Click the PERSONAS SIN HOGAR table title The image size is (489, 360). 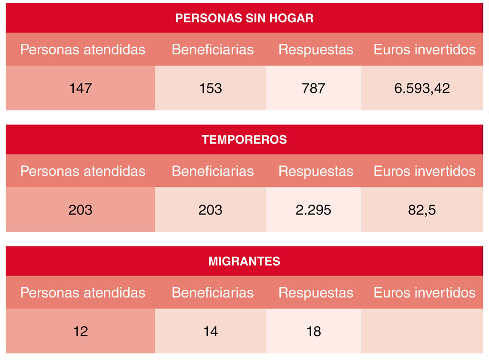244,18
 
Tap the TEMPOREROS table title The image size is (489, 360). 244,140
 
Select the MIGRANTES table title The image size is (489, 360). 244,261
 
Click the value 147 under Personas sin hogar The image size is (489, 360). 80,88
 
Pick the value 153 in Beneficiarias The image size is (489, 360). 210,88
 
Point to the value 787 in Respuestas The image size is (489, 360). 314,88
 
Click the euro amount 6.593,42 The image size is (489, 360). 422,88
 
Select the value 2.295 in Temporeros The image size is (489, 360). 314,210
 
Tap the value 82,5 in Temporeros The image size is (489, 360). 422,210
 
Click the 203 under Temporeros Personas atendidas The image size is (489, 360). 80,210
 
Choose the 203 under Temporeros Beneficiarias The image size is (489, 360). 210,210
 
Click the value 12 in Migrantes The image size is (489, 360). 81,331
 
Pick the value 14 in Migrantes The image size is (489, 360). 210,331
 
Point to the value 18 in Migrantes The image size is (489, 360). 314,331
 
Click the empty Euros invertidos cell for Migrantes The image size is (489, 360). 422,331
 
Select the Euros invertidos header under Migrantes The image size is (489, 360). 424,293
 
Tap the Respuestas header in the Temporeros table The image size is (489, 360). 316,171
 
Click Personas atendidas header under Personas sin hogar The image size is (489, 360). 82,50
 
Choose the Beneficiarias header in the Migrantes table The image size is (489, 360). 213,293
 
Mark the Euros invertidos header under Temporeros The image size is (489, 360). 424,171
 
